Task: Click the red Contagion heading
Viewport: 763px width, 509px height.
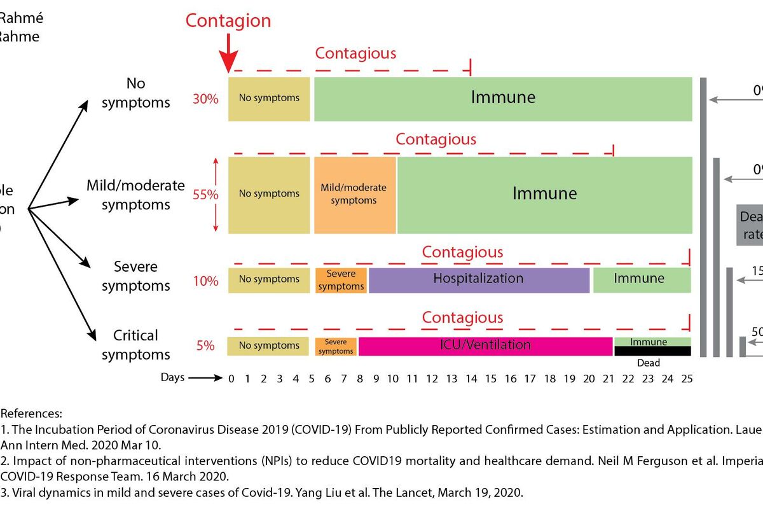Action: click(x=228, y=20)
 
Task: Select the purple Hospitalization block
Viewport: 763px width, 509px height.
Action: click(x=478, y=279)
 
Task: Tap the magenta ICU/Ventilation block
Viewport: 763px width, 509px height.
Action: click(x=485, y=345)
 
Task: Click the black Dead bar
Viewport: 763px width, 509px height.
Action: click(x=652, y=351)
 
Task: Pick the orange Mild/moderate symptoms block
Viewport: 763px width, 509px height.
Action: click(x=354, y=194)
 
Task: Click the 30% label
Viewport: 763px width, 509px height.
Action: click(x=206, y=99)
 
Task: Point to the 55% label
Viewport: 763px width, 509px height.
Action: click(x=205, y=195)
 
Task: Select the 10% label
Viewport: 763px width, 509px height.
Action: click(x=205, y=281)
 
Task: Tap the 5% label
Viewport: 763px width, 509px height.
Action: click(x=205, y=346)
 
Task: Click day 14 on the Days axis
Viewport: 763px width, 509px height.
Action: click(x=471, y=379)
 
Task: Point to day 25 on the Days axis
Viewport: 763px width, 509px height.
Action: click(x=686, y=379)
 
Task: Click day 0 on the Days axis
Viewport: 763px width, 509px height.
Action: click(x=231, y=379)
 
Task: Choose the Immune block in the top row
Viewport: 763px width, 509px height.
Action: click(x=502, y=98)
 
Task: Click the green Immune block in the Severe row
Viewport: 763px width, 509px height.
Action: click(x=638, y=279)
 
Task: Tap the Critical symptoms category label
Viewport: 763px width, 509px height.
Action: click(x=135, y=345)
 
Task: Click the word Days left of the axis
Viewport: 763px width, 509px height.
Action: click(x=172, y=377)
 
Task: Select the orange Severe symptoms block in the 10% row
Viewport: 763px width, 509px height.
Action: click(x=341, y=280)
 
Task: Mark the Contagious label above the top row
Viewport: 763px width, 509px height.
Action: click(x=355, y=53)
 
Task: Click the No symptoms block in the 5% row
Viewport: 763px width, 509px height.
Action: click(x=269, y=345)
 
